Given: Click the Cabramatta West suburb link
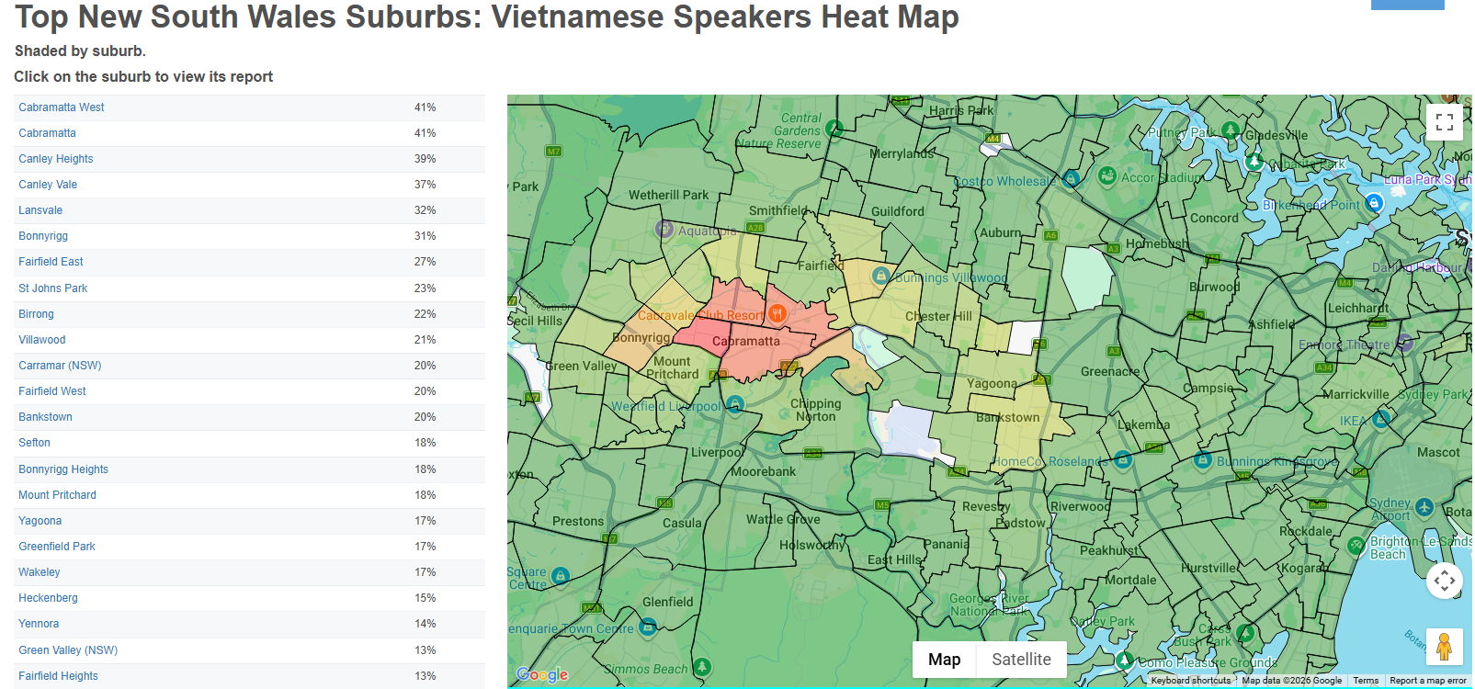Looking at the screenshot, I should (x=62, y=107).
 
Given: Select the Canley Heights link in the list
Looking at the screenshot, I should (x=56, y=159).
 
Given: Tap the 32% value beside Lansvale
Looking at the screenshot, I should (x=425, y=210).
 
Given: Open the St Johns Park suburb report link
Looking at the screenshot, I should (x=53, y=288).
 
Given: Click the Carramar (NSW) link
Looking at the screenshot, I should (x=60, y=366).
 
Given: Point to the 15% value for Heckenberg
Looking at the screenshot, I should (x=425, y=598).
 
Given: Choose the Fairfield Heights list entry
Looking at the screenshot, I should (x=58, y=676).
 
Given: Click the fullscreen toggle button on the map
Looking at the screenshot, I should (x=1444, y=121).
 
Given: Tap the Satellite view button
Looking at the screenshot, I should (x=1021, y=660).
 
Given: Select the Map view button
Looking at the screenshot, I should (x=944, y=660).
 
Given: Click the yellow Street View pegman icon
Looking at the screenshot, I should (x=1444, y=647).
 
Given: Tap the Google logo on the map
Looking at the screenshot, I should (x=542, y=674).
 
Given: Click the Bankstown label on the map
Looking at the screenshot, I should (x=1007, y=417).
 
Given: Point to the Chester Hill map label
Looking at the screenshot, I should (x=938, y=316).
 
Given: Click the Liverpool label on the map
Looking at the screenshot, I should (x=717, y=452).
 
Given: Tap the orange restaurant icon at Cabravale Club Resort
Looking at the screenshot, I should (x=777, y=314).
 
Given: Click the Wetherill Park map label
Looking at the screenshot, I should (x=668, y=195).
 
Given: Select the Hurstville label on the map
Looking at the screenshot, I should (x=1209, y=568).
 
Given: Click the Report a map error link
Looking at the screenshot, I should (x=1427, y=681).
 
